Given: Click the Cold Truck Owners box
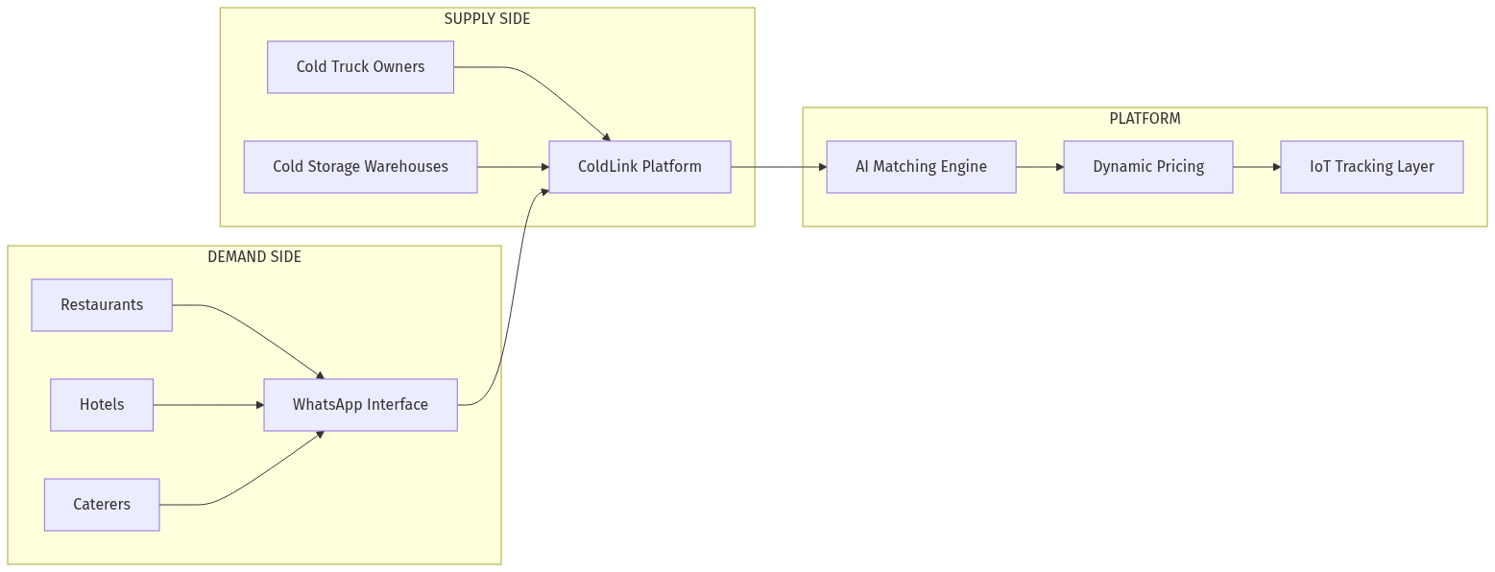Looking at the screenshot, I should coord(360,67).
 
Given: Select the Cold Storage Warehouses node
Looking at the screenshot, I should coord(360,167).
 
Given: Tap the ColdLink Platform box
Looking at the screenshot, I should coord(639,167).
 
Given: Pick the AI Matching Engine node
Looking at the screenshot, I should coord(921,167).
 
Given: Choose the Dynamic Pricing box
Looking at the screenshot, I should coord(1147,167).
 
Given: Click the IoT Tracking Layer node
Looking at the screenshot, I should coord(1371,167).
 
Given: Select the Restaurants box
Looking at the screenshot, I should coord(102,305).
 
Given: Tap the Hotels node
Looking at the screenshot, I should coord(102,405).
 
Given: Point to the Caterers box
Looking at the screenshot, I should coord(102,505).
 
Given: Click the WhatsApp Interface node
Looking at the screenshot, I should coord(360,405).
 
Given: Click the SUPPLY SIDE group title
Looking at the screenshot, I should coord(487,19).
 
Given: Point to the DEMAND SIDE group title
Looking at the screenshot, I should coord(254,257).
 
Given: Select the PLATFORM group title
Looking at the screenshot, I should coord(1145,119).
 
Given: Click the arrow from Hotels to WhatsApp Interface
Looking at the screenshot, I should coord(208,405).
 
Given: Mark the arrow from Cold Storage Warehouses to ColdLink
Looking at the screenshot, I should coord(513,167).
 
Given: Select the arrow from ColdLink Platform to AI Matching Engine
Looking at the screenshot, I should coord(778,167).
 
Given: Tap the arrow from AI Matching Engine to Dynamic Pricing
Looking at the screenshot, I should coord(1040,167).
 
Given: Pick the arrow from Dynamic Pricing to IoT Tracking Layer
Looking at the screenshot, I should coord(1256,167).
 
